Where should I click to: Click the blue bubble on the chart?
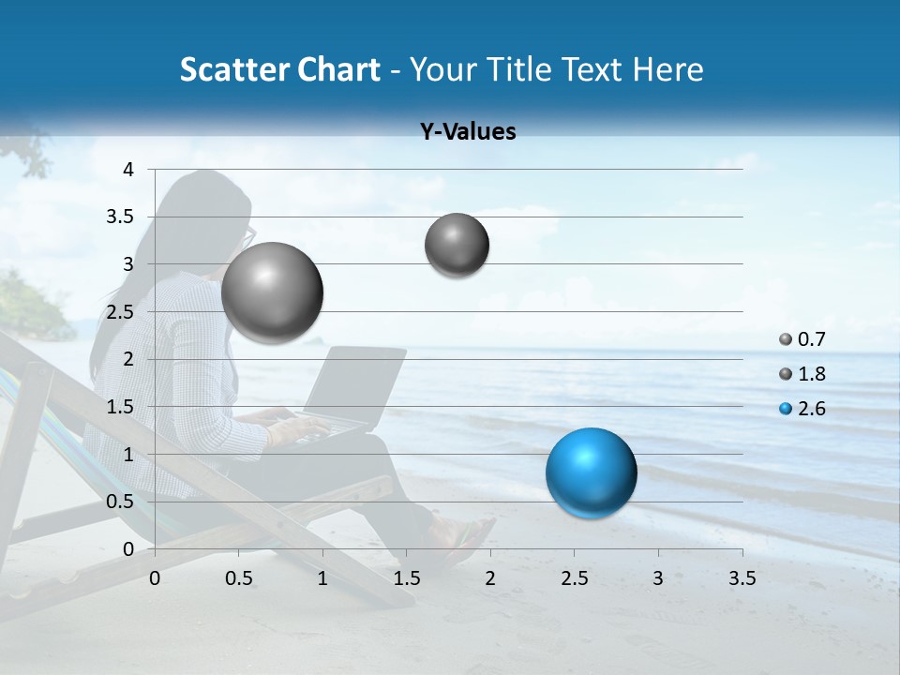pyautogui.click(x=591, y=472)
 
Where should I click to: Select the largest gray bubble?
pyautogui.click(x=272, y=292)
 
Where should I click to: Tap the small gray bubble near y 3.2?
pyautogui.click(x=457, y=245)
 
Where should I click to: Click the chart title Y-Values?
pyautogui.click(x=468, y=132)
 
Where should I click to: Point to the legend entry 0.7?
pyautogui.click(x=810, y=339)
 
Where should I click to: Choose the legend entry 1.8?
pyautogui.click(x=810, y=374)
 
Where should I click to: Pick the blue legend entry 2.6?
pyautogui.click(x=810, y=409)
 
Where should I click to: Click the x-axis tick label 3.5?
pyautogui.click(x=742, y=578)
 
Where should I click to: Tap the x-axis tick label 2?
pyautogui.click(x=490, y=578)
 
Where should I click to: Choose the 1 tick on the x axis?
pyautogui.click(x=322, y=578)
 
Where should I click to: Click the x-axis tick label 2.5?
pyautogui.click(x=574, y=578)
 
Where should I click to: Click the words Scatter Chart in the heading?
pyautogui.click(x=279, y=69)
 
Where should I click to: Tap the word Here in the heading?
pyautogui.click(x=667, y=69)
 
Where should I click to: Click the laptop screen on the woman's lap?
pyautogui.click(x=361, y=384)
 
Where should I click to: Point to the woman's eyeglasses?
pyautogui.click(x=248, y=236)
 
